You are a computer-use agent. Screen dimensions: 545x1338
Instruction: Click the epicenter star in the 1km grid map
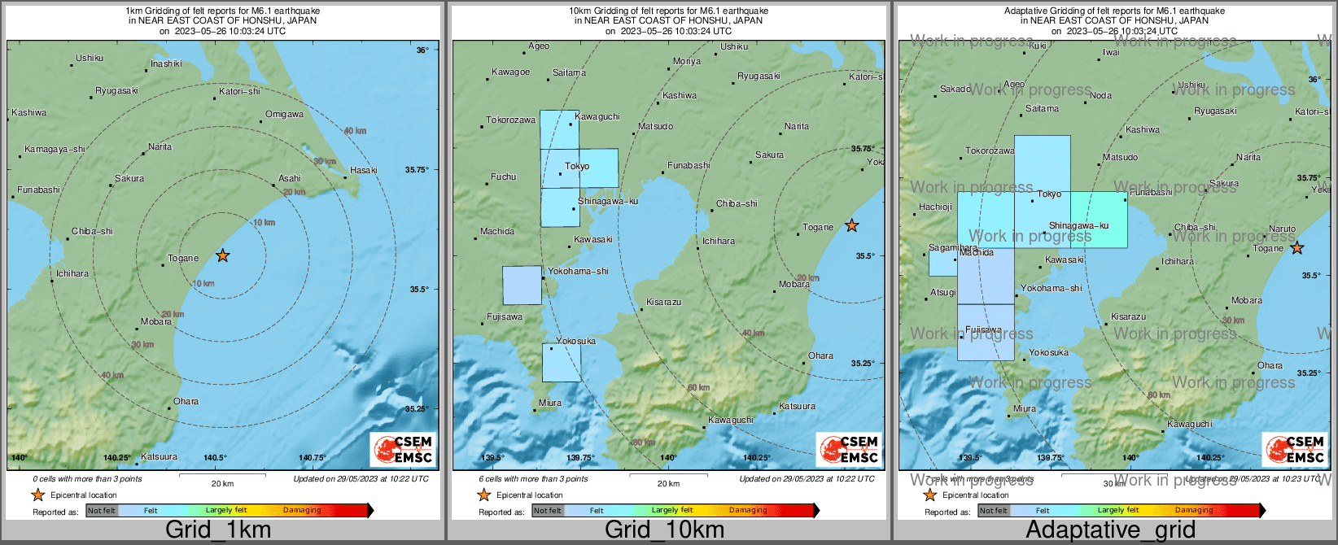point(222,255)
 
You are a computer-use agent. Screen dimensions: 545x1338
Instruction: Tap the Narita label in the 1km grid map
point(160,147)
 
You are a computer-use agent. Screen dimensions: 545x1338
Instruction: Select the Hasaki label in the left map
point(363,170)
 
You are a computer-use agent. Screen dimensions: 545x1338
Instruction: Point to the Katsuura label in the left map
point(159,457)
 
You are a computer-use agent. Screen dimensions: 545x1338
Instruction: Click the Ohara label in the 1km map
point(186,401)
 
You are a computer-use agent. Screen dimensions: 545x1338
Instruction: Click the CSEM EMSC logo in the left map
point(403,450)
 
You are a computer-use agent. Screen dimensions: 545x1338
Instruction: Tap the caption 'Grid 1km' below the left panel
point(217,530)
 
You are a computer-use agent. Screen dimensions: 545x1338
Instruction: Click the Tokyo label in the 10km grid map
point(577,166)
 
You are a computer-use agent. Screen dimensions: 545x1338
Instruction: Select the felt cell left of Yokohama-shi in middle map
point(522,286)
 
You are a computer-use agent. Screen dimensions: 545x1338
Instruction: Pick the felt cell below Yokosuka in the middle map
point(562,363)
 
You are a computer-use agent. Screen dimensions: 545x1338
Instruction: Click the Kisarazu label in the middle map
point(663,303)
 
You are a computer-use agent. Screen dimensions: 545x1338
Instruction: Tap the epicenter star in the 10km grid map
point(851,225)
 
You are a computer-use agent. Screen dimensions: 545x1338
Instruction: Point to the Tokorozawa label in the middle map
point(510,120)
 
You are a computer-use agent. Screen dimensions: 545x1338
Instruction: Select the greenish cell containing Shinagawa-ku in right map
point(1099,220)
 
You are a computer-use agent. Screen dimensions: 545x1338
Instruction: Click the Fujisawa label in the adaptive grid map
point(983,330)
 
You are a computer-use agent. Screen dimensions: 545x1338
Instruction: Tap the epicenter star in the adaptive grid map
point(1296,248)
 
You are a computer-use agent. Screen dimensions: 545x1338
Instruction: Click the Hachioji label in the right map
point(935,207)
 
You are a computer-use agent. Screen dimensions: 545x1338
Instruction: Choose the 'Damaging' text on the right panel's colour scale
point(1194,510)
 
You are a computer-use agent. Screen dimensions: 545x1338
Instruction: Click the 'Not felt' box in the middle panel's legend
point(548,510)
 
